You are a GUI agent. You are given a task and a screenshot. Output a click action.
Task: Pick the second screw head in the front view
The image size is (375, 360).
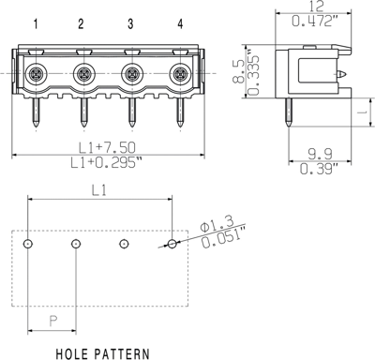click(82, 73)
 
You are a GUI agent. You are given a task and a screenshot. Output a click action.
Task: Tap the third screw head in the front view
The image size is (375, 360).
click(130, 73)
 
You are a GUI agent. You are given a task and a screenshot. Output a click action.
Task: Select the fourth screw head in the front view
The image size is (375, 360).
click(179, 73)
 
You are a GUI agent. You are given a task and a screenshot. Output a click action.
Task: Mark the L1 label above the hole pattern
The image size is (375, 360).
click(99, 190)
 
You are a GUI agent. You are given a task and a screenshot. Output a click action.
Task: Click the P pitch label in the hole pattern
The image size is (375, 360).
click(52, 320)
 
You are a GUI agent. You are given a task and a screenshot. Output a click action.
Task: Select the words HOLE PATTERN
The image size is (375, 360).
click(102, 353)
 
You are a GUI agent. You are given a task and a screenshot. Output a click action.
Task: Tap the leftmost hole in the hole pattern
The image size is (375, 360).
click(29, 244)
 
